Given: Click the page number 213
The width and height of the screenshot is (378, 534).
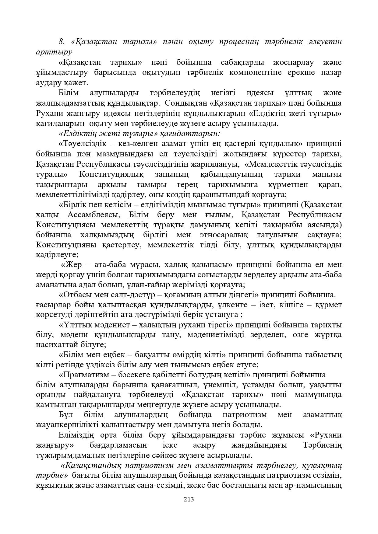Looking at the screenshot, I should click(x=189, y=499).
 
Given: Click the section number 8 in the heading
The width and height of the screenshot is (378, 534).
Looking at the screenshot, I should click(x=61, y=42).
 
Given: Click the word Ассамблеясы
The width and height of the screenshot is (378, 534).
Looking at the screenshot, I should click(x=92, y=215).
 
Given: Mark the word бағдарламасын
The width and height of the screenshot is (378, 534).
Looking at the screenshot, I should click(x=118, y=445).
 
